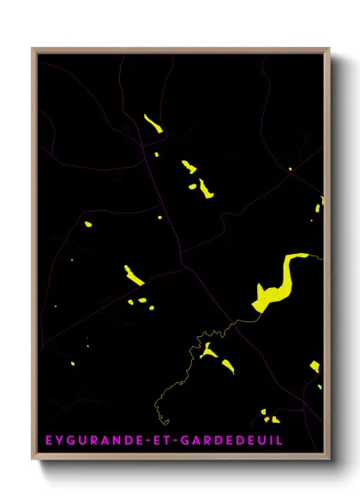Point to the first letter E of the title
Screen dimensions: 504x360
[47, 440]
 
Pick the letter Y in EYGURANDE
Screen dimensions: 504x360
[59, 440]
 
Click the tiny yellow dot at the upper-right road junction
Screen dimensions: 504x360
[291, 169]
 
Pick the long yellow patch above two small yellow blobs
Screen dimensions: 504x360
[135, 274]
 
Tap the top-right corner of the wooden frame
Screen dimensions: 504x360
[329, 49]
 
